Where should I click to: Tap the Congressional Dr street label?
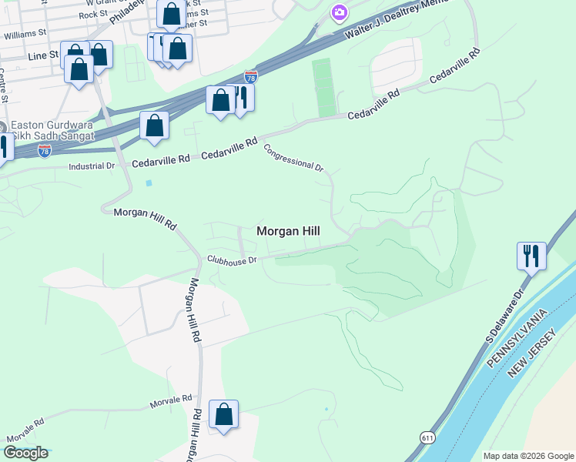(x=293, y=157)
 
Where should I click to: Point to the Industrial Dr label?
(x=91, y=166)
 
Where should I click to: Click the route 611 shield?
(x=427, y=437)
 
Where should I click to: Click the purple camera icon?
(x=339, y=12)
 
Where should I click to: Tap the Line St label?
(x=42, y=55)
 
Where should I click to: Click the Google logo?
(x=25, y=453)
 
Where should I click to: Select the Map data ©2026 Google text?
(x=527, y=456)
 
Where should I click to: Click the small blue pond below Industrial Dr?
(x=149, y=183)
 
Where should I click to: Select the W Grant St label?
(x=112, y=3)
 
